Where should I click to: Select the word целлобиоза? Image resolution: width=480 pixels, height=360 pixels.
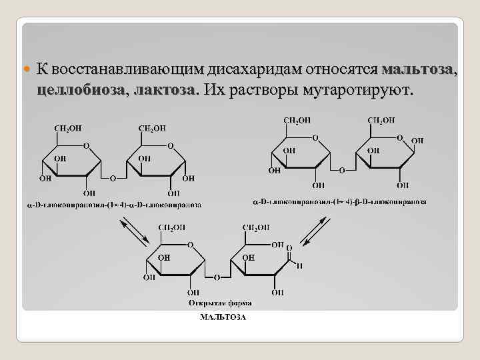click(x=79, y=90)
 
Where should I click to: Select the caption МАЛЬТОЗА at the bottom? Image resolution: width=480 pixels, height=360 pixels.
click(x=223, y=317)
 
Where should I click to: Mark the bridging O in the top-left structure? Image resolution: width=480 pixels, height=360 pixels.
click(x=113, y=179)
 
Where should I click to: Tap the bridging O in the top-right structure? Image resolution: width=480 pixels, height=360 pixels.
click(x=342, y=171)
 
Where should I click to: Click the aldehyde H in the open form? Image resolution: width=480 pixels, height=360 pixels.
click(x=300, y=265)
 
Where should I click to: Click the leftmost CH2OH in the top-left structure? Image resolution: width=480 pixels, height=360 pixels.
click(x=67, y=128)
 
